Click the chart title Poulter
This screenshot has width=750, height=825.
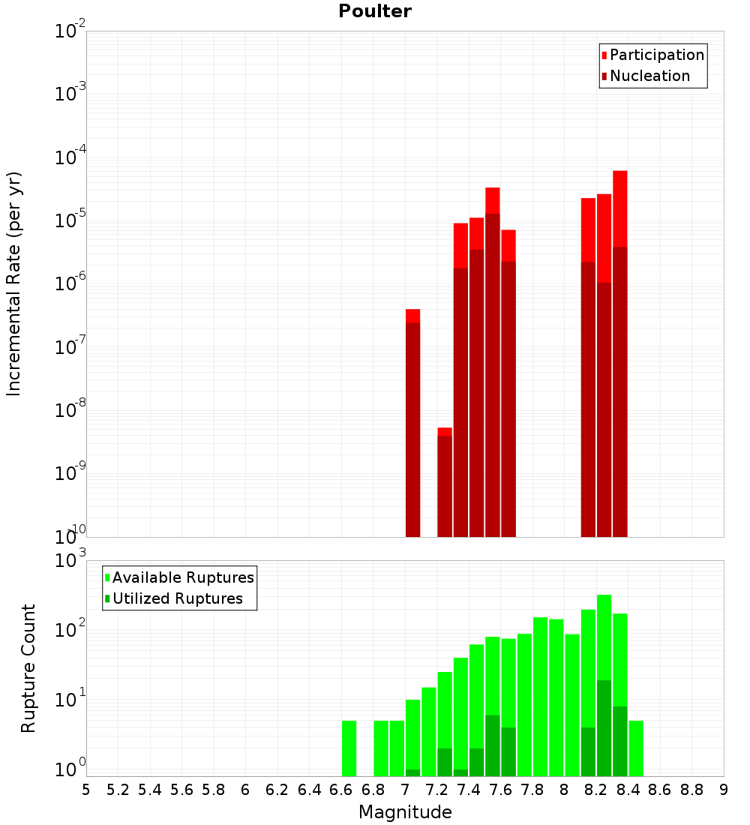pos(375,11)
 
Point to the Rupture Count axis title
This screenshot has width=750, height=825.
pos(28,667)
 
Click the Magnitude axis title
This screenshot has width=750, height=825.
pos(405,812)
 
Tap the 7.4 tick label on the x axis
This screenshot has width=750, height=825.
pos(469,790)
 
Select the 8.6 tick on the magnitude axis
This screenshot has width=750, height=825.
pos(661,790)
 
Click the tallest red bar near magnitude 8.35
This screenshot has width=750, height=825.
pos(619,300)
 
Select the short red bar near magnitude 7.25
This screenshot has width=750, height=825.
pos(445,480)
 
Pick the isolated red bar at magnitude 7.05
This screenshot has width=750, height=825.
pos(412,420)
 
